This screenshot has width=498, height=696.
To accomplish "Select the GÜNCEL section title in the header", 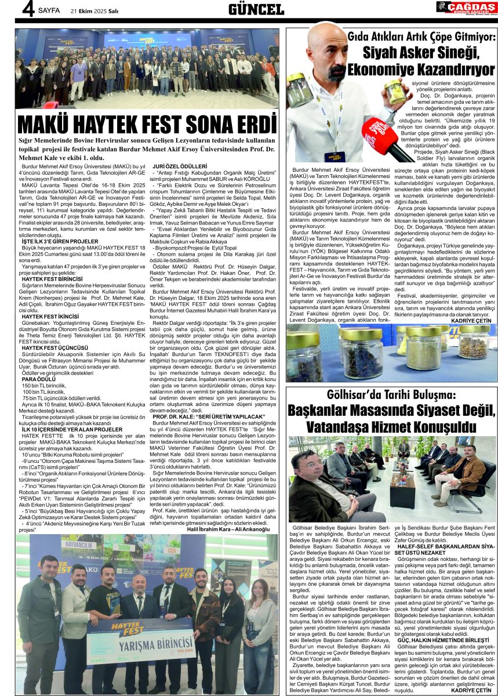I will [x=256, y=9].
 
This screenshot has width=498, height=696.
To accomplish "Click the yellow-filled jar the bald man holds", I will [x=394, y=91].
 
